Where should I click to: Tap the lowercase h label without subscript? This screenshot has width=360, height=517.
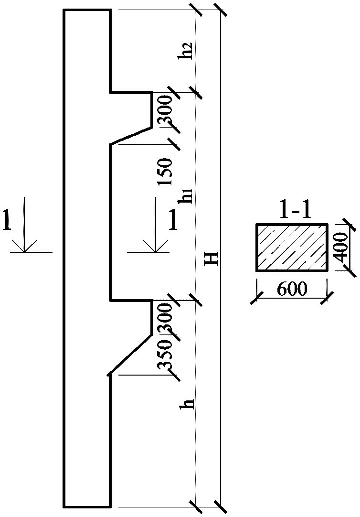point(189,404)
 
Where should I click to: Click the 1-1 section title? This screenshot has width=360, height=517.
point(292,211)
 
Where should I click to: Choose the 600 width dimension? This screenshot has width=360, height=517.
point(291,289)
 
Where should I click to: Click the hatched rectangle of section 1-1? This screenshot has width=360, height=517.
point(292,248)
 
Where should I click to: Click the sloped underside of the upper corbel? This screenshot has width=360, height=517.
point(131,135)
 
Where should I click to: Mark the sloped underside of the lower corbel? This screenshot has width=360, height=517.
point(131,354)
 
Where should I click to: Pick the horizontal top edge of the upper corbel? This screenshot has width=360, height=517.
point(131,92)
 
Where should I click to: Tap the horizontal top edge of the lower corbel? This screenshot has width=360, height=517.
point(131,300)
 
